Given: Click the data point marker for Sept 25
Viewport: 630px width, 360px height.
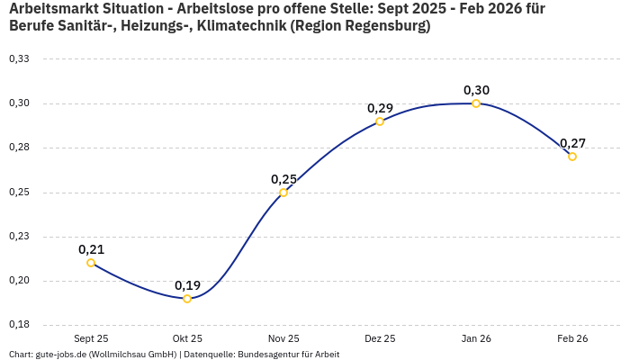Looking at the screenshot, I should (91, 263).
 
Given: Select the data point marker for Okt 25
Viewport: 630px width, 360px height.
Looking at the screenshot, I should (187, 299).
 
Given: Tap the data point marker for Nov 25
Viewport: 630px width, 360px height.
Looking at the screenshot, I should (283, 193).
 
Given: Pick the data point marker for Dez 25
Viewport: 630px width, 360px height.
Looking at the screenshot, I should (380, 121).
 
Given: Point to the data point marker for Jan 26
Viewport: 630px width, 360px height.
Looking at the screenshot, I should (476, 103).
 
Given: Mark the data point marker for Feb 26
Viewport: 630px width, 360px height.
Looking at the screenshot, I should (572, 157).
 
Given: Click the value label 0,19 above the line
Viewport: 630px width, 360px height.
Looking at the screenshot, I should (187, 285).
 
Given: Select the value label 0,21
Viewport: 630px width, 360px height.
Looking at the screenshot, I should (91, 249).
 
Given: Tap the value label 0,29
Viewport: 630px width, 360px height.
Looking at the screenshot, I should (380, 108).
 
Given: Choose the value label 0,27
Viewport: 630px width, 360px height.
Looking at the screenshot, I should (572, 143).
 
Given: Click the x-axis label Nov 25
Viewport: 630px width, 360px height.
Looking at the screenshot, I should (283, 338).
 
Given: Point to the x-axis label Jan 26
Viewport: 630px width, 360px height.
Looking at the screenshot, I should (476, 338).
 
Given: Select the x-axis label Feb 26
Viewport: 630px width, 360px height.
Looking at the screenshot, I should (572, 338).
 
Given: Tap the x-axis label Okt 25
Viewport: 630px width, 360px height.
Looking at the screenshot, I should (187, 338).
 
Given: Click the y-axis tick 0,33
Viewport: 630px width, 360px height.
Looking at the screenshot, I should (19, 59).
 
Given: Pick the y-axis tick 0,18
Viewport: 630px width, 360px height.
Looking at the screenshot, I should (19, 325).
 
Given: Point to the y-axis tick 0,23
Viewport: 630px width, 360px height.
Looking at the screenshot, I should (19, 237).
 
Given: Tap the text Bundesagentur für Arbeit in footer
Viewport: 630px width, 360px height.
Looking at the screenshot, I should (288, 354).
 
